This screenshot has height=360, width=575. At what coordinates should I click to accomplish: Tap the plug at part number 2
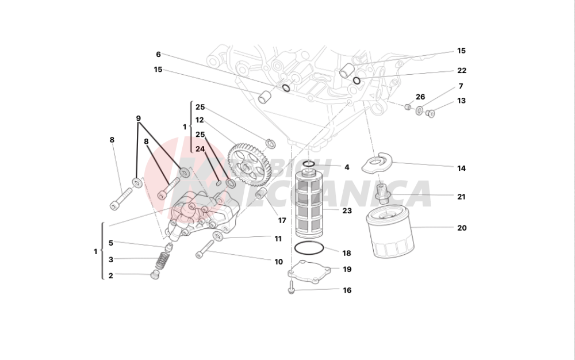[x=154, y=276]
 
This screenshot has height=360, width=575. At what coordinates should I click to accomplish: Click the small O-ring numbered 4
[x=309, y=165]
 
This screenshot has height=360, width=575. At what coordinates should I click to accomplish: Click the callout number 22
[x=462, y=71]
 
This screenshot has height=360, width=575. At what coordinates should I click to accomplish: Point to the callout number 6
[x=158, y=54]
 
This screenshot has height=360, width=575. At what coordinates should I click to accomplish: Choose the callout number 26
[x=420, y=97]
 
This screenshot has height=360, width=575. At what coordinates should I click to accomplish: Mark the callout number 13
[x=461, y=101]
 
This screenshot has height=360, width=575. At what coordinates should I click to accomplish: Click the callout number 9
[x=139, y=118]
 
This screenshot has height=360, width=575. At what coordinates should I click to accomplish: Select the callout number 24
[x=200, y=149]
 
